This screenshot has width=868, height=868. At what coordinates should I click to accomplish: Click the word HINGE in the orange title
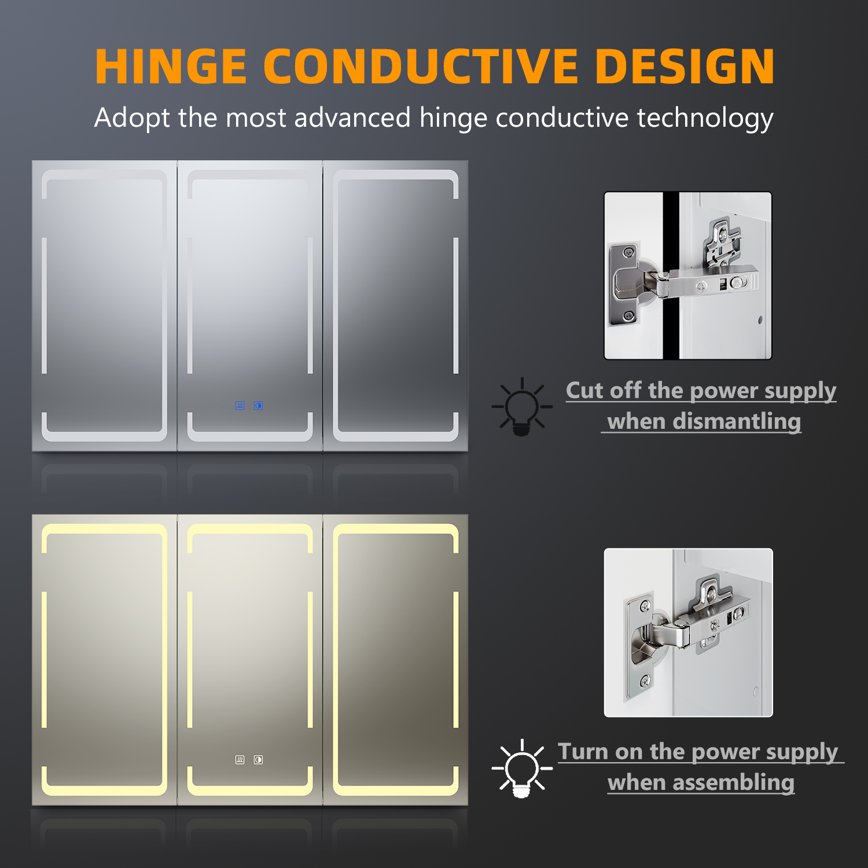[171, 66]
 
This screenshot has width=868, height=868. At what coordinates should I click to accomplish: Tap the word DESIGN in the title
[685, 66]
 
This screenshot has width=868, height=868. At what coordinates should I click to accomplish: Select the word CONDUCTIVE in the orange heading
[421, 66]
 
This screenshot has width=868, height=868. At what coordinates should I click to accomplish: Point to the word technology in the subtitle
[705, 119]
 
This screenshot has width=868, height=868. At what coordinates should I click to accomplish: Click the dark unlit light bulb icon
[521, 406]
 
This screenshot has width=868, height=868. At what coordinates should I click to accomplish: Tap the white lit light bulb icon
[521, 768]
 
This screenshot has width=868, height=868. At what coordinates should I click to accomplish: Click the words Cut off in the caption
[604, 390]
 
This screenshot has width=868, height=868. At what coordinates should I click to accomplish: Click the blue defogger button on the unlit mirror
[240, 406]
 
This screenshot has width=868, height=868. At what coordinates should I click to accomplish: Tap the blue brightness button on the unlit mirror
[258, 406]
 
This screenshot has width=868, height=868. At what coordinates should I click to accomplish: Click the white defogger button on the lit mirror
[240, 760]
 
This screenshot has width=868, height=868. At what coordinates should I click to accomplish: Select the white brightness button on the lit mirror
[258, 760]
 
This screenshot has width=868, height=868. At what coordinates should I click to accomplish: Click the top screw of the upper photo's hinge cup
[630, 252]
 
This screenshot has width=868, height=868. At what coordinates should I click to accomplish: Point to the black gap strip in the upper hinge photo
[671, 275]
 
